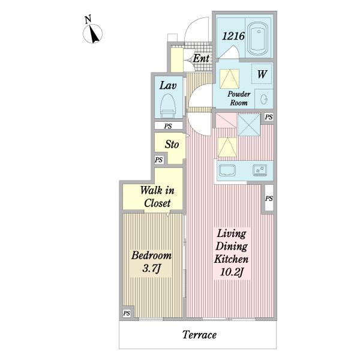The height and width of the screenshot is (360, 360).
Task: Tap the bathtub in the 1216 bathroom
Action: (x=259, y=38)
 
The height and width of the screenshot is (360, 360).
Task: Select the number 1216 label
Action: (x=233, y=36)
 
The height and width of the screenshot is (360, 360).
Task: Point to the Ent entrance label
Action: (x=201, y=58)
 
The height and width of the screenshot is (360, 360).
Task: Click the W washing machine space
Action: (x=262, y=74)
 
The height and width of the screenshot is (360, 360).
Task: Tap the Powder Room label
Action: (x=239, y=98)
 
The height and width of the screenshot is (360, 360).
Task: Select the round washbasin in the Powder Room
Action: (x=264, y=100)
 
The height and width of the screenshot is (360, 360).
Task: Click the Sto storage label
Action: (x=172, y=145)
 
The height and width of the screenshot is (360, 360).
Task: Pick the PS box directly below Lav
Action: (x=168, y=126)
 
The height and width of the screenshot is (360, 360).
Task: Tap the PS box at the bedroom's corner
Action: (x=127, y=313)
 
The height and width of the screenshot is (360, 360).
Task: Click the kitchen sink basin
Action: (x=227, y=170)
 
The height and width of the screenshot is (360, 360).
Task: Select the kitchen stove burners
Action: (x=260, y=170)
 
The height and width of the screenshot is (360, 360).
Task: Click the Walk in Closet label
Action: (x=157, y=197)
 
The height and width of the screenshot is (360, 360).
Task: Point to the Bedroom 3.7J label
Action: (x=151, y=262)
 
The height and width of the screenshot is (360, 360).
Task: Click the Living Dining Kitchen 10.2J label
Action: (x=232, y=253)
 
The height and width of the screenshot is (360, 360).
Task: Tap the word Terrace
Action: (x=199, y=335)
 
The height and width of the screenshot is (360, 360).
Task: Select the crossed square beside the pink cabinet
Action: (x=249, y=125)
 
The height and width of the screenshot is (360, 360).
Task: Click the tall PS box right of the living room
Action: (x=269, y=198)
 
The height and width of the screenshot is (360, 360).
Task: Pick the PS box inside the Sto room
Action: (x=159, y=160)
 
